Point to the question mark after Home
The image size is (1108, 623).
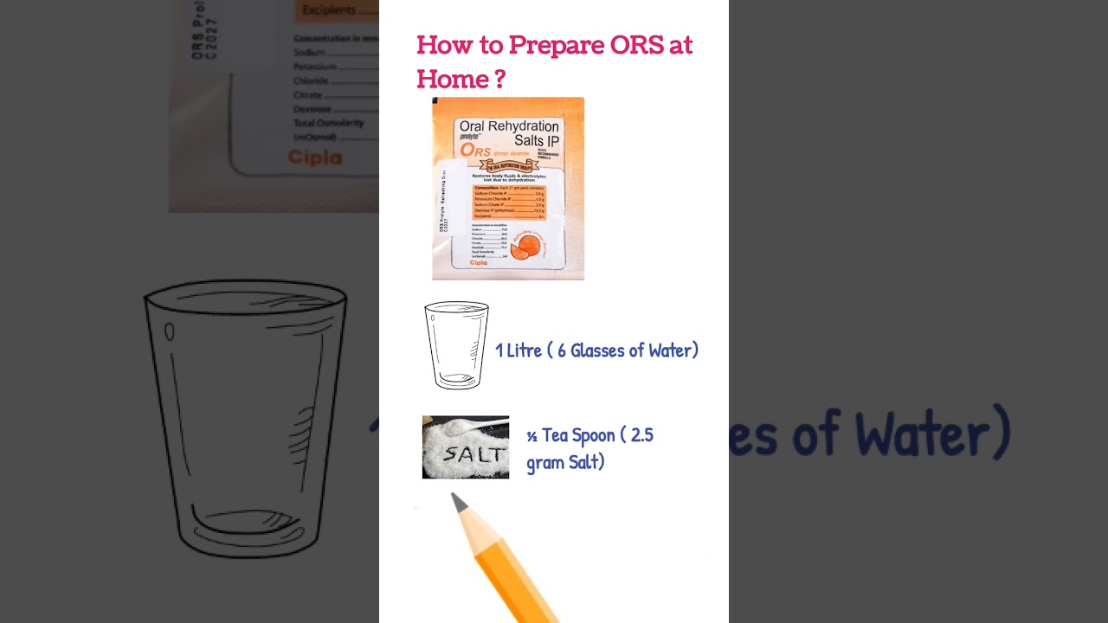click(x=499, y=80)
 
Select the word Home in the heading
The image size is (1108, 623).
click(x=451, y=80)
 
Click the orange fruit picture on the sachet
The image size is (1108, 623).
click(x=526, y=247)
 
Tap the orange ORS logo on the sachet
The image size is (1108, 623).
click(x=475, y=151)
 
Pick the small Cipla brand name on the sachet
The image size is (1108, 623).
click(x=478, y=263)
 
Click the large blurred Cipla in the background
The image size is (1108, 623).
click(x=314, y=157)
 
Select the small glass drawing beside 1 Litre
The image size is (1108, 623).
click(x=456, y=345)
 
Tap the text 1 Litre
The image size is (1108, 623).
click(x=518, y=350)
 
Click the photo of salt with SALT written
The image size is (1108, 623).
click(x=466, y=447)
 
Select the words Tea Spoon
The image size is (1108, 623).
click(x=578, y=435)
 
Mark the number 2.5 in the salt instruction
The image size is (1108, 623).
click(x=641, y=435)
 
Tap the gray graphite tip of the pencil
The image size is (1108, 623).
click(x=459, y=502)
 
